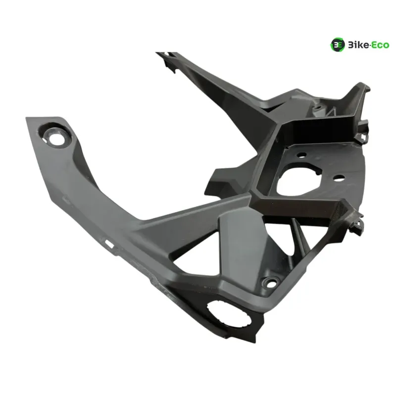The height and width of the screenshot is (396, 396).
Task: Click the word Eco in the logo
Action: [380, 45]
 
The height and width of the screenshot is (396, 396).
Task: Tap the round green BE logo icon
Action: [338, 45]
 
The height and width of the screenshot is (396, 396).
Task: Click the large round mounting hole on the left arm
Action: [56, 139]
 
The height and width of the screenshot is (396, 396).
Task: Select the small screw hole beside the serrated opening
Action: [271, 284]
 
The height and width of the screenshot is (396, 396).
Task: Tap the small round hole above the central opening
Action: [301, 154]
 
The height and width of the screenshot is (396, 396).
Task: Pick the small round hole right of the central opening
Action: [339, 178]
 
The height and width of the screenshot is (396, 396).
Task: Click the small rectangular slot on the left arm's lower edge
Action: [109, 244]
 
